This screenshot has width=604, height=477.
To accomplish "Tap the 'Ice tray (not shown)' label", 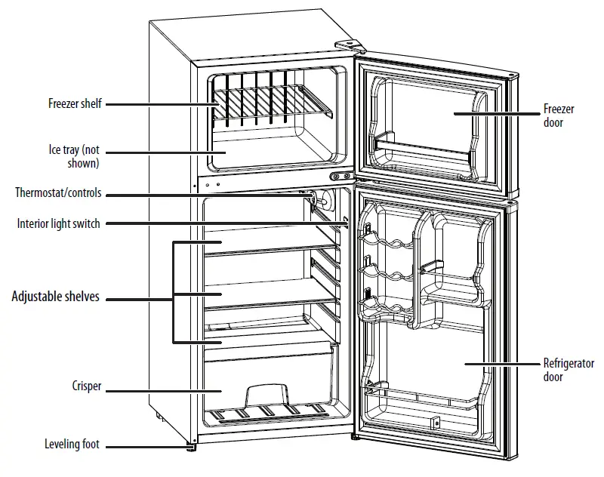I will pyautogui.click(x=74, y=156).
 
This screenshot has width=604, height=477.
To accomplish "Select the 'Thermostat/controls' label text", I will pyautogui.click(x=58, y=193).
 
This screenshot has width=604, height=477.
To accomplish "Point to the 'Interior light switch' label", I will pyautogui.click(x=59, y=223).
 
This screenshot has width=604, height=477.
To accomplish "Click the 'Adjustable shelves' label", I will pyautogui.click(x=55, y=297).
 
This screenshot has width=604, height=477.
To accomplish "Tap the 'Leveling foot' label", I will pyautogui.click(x=72, y=445).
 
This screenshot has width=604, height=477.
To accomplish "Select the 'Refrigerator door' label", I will pyautogui.click(x=569, y=370).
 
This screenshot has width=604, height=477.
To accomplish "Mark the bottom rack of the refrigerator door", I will pyautogui.click(x=423, y=395).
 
